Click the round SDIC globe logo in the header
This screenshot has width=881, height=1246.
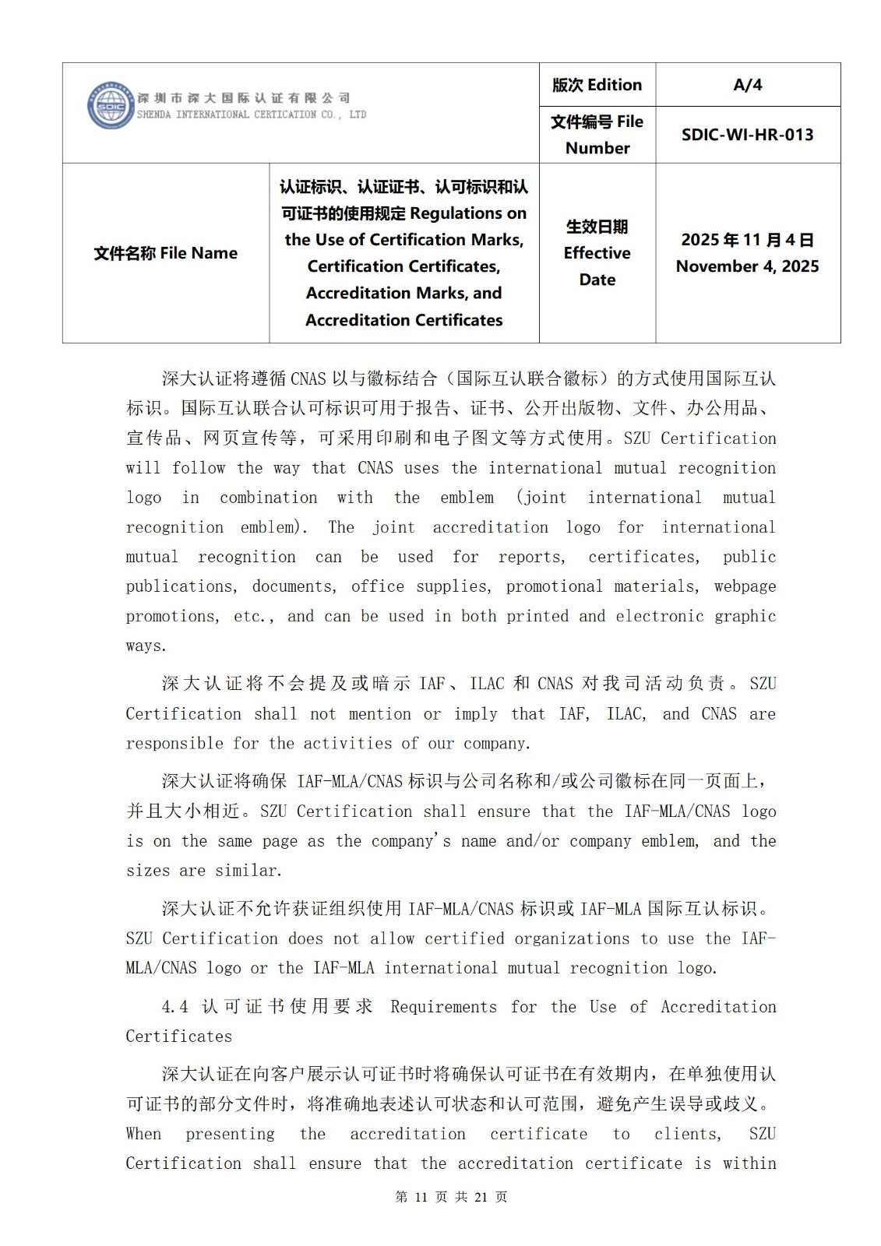111,105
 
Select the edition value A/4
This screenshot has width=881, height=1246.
747,85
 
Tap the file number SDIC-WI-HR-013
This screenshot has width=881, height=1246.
747,135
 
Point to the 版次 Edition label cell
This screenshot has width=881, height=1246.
597,85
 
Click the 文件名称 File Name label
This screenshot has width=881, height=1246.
165,253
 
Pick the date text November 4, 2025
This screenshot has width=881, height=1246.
747,266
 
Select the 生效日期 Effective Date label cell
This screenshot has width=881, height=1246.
597,253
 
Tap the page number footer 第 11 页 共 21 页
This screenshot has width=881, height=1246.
451,1197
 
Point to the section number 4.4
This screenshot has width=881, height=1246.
174,1007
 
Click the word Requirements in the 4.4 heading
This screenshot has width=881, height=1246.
443,1007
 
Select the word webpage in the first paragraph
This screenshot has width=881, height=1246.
745,586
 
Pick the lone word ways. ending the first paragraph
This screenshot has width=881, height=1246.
146,646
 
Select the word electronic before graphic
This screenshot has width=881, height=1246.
664,616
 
